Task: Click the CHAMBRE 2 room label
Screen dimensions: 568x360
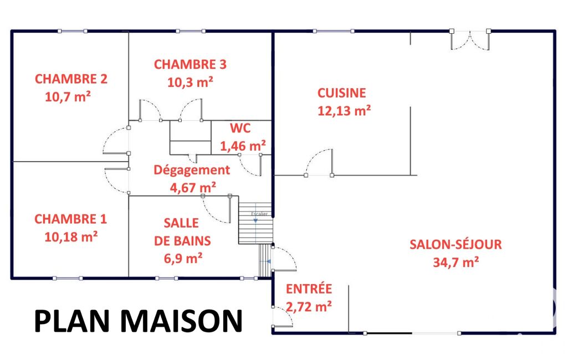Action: pos(71,79)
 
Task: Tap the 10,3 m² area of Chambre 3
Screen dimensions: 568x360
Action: pos(190,82)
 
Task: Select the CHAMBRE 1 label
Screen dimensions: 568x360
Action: pos(70,219)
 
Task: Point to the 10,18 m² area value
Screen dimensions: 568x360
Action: pos(71,237)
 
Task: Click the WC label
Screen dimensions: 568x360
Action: pos(240,128)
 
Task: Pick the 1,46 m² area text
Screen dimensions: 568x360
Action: pos(243,146)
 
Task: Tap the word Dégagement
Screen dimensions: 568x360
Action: pos(192,170)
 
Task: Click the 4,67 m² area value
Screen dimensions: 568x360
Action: pos(193,188)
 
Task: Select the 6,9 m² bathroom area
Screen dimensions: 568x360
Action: pos(183,258)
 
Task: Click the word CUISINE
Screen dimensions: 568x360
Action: pos(341,93)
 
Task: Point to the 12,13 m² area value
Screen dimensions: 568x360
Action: pos(344,110)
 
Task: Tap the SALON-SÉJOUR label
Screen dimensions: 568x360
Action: pos(456,244)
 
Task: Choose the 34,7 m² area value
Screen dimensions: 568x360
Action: pos(456,262)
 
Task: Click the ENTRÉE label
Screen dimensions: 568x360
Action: pos(309,289)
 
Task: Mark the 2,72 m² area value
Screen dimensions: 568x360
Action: pos(309,307)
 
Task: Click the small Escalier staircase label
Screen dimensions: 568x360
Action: pos(259,214)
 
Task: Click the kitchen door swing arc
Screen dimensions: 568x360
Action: pos(314,156)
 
